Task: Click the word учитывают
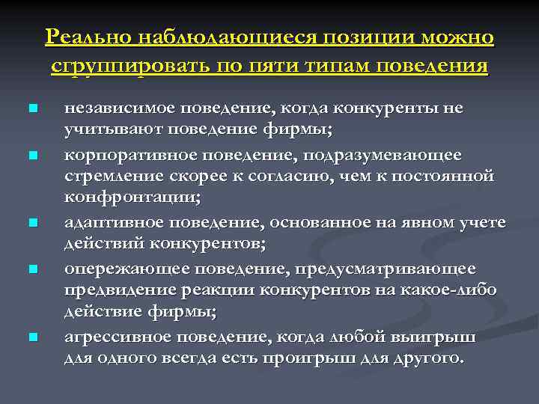click(105, 132)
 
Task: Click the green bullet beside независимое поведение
click(32, 109)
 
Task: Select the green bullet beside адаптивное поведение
click(32, 223)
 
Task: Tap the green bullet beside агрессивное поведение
click(32, 337)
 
